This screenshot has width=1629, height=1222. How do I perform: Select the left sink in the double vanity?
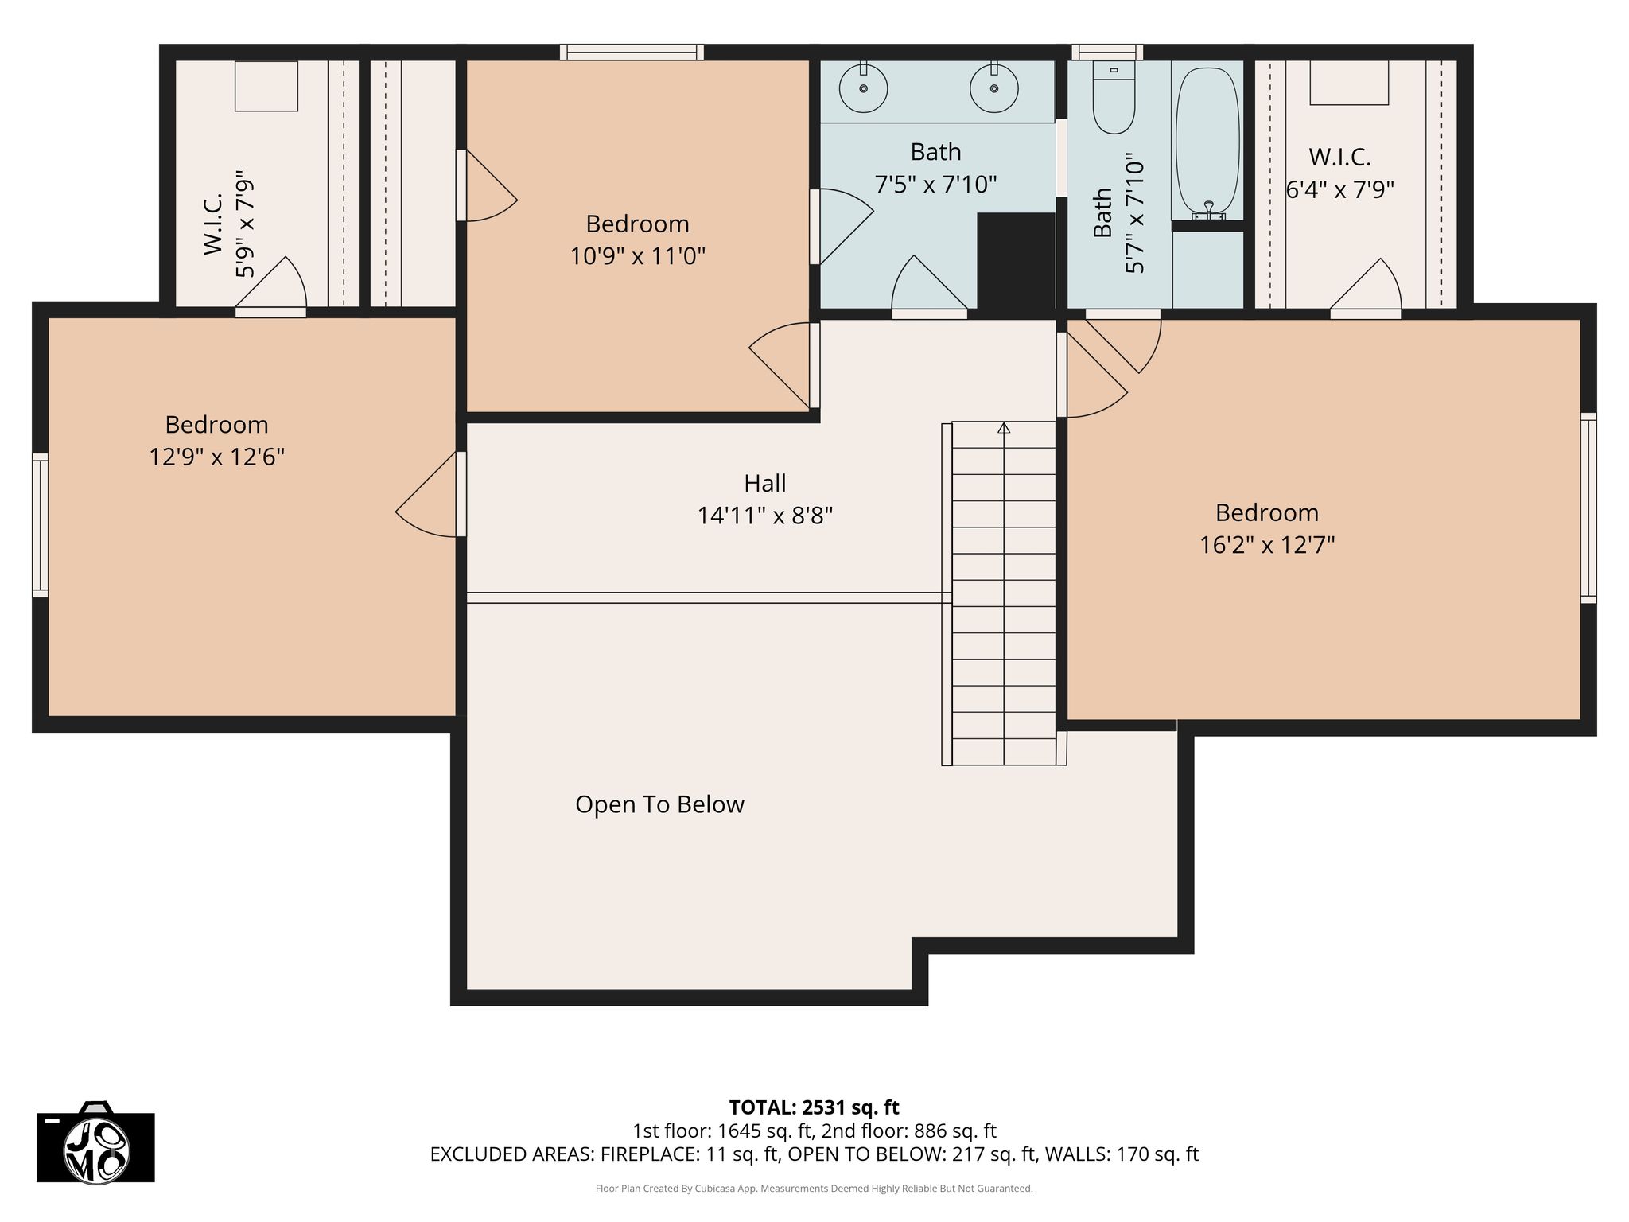pos(863,88)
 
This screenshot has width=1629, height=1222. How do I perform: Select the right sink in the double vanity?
pos(994,88)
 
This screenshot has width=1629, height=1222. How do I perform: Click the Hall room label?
pos(765,483)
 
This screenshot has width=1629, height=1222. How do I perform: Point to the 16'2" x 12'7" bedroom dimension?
pos(1267,545)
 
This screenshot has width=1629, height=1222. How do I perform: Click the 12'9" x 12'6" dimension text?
pos(217,457)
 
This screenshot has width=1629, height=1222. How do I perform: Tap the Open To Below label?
pos(659,804)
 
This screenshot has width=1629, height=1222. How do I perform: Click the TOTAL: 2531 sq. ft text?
pos(814,1107)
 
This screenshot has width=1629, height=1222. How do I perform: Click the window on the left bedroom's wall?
pos(40,525)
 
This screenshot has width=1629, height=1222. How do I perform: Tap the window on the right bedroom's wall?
pos(1588,508)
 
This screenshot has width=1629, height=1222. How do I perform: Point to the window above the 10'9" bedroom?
pos(632,53)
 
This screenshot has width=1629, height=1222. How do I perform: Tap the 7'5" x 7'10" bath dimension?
pos(936,185)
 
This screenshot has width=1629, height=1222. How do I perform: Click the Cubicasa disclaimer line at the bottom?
pos(814,1189)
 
